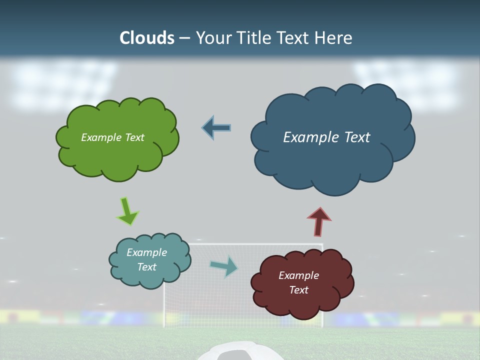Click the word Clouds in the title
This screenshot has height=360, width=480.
click(147, 37)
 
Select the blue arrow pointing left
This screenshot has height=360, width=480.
click(216, 128)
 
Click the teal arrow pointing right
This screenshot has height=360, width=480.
click(224, 266)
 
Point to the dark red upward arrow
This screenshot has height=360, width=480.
click(319, 221)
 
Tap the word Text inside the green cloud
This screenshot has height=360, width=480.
click(134, 137)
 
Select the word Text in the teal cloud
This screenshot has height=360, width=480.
click(147, 267)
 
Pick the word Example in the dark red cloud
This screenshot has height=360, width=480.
click(298, 275)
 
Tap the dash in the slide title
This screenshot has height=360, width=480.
click(184, 38)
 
